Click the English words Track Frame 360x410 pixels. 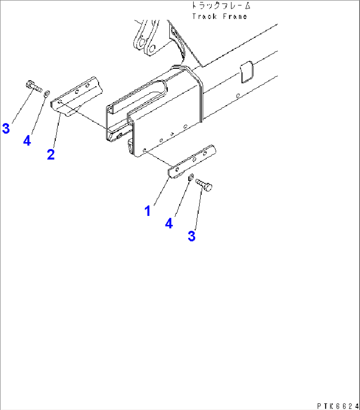click(x=220, y=17)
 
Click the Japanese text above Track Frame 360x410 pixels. click(x=221, y=6)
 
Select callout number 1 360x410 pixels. click(x=148, y=211)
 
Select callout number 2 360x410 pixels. click(x=51, y=154)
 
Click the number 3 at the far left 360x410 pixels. click(x=6, y=128)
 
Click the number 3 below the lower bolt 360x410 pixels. click(x=192, y=236)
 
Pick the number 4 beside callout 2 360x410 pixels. click(x=27, y=141)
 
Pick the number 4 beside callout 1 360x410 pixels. click(x=169, y=224)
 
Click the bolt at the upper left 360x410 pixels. click(x=34, y=86)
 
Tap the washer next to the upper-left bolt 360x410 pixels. click(x=47, y=94)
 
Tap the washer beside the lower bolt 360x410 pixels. click(x=191, y=177)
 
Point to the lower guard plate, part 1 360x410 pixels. click(x=192, y=161)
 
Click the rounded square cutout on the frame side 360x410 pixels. click(x=247, y=72)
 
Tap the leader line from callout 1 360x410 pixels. click(x=162, y=191)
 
